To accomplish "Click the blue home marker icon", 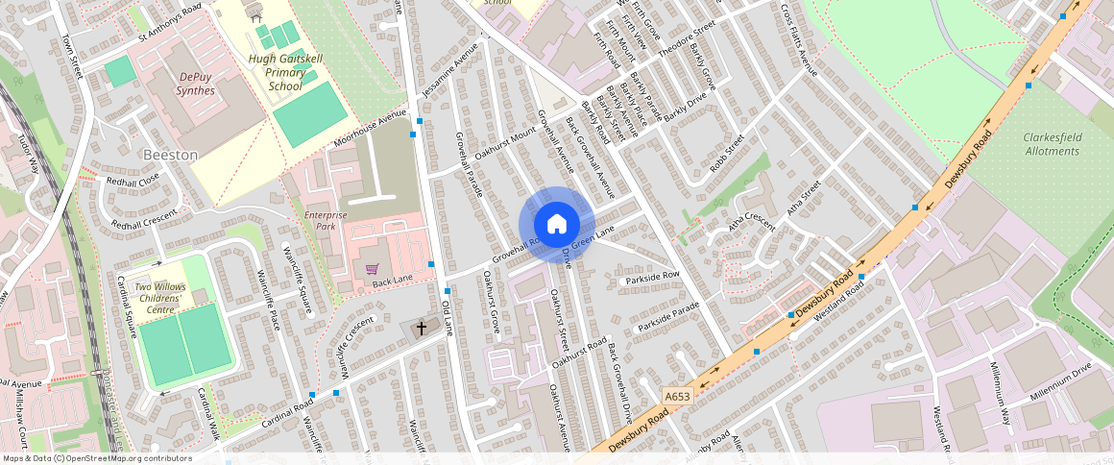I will (x=556, y=225).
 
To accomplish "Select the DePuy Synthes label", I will (x=195, y=83).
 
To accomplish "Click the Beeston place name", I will (x=170, y=155).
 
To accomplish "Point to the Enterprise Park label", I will (x=325, y=222).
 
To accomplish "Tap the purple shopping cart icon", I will (x=372, y=270).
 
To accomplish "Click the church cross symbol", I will (x=420, y=329).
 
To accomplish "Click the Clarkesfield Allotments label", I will (x=1052, y=144).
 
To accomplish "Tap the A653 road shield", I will (x=677, y=395).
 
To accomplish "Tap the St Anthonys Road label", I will (x=170, y=23).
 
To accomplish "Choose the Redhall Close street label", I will (x=133, y=181).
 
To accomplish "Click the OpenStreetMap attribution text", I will (x=98, y=458).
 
